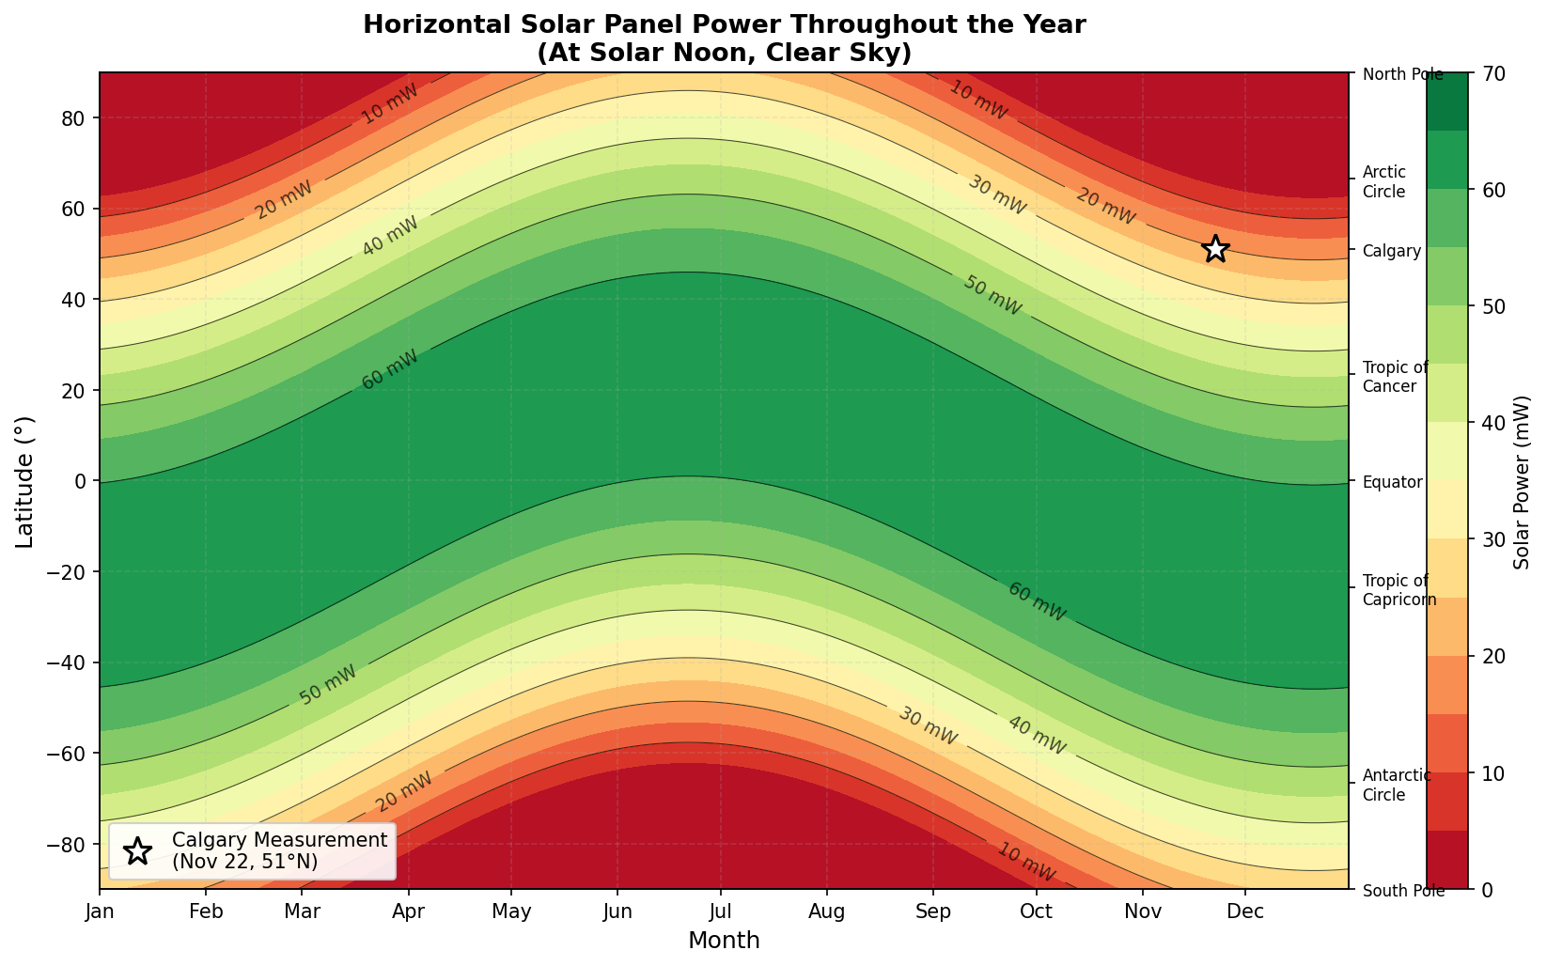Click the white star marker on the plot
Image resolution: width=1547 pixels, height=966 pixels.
pos(1215,249)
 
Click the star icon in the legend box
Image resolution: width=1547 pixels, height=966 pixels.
pos(137,851)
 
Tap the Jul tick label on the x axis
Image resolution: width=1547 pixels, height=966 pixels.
pos(720,911)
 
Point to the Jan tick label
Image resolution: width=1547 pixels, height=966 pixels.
pos(100,911)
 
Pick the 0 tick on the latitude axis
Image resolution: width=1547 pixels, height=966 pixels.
pos(81,481)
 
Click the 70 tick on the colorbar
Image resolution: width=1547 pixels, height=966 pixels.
pos(1500,73)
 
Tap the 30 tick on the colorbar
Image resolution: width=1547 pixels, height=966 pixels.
pos(1500,539)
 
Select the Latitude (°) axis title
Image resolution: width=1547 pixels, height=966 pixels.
pos(25,481)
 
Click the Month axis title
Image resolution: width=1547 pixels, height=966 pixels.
pos(724,941)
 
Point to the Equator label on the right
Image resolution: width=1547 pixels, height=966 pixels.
pos(1392,482)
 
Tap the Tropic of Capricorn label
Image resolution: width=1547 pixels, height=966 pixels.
pos(1399,590)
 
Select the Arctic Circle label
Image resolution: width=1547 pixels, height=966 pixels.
pos(1383,182)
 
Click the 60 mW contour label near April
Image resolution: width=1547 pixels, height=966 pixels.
pos(389,369)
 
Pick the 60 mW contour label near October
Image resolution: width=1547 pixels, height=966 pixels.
pos(1037,601)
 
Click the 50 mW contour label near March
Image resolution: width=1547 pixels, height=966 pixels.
pos(328,685)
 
